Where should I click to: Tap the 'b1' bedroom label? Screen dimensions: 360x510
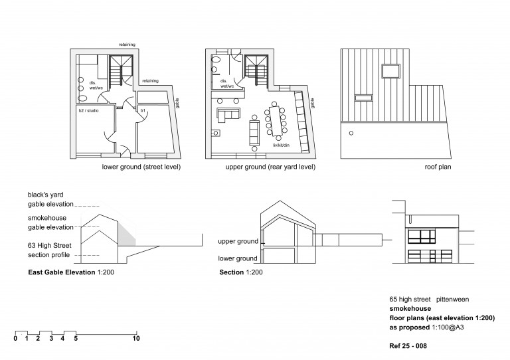coord(143,109)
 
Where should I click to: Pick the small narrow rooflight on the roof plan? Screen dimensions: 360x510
coord(363,98)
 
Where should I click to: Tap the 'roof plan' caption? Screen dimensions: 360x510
coord(438,167)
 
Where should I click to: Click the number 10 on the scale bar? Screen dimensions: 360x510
coord(136,339)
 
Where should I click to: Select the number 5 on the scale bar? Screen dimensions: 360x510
coord(76,339)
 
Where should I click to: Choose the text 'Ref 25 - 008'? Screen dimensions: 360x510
coord(408,347)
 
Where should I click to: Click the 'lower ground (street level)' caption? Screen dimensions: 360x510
coord(141,167)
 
